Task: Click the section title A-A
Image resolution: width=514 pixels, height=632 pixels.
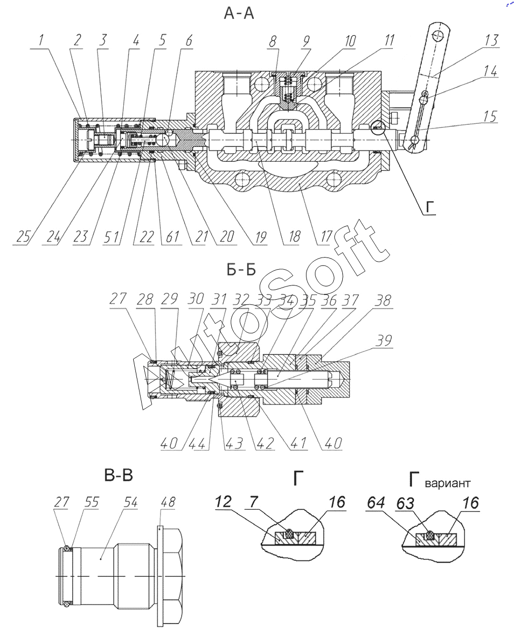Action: click(x=239, y=14)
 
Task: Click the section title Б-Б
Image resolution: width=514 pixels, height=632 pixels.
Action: click(x=241, y=270)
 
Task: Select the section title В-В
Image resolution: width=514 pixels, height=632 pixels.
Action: click(x=118, y=476)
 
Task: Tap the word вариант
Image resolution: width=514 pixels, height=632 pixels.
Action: click(x=448, y=483)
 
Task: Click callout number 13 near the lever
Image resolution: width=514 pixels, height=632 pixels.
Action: click(x=491, y=40)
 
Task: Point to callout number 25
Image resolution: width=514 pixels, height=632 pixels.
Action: click(x=23, y=236)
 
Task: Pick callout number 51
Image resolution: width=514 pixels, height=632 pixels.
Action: click(x=112, y=237)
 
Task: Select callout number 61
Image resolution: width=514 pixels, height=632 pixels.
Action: click(x=173, y=237)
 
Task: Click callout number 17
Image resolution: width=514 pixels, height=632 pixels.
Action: click(x=327, y=236)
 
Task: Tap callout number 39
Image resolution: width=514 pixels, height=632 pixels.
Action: click(x=384, y=340)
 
